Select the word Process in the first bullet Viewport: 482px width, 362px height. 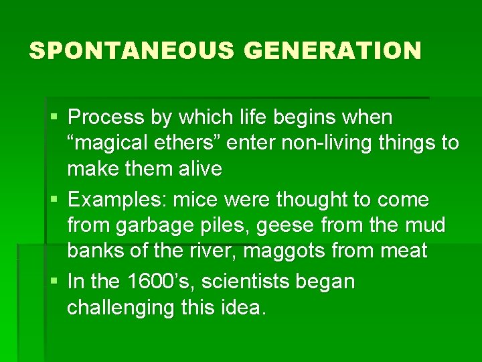106,117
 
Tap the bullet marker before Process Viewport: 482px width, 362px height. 54,119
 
